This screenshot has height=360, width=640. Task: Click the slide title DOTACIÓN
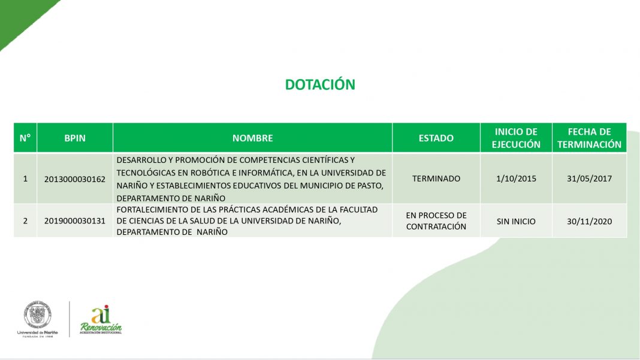coord(320,84)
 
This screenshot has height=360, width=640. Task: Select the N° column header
coord(25,138)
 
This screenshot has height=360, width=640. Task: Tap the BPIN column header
coord(75,138)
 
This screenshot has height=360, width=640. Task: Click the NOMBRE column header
coord(253,138)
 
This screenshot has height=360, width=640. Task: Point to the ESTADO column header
coord(436,138)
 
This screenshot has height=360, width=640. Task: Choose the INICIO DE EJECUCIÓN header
coord(516,138)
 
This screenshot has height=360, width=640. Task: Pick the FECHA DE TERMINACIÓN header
coord(590,138)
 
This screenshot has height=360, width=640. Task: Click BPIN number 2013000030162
coord(75,179)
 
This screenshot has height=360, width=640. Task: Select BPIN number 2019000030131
coord(75,221)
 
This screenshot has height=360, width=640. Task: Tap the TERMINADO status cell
coord(436,179)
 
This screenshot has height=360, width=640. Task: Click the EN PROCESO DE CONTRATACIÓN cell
coord(436,221)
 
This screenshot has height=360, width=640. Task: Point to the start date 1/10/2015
coord(516,179)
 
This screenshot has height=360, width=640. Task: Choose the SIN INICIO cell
coord(516,221)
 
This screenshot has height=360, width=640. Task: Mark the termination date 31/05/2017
coord(590,179)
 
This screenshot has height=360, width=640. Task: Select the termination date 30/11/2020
coord(590,221)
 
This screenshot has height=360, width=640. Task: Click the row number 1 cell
coord(25,179)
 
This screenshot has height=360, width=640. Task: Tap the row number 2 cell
coord(25,221)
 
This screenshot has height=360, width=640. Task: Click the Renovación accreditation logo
coord(101,320)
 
